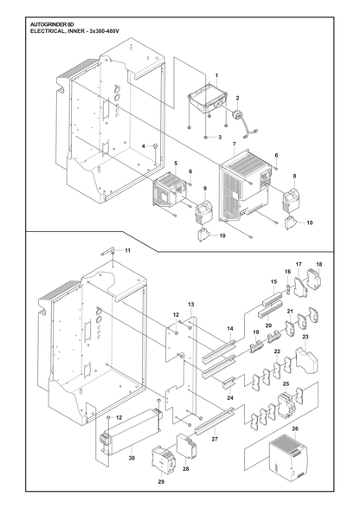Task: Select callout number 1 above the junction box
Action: [x=217, y=75]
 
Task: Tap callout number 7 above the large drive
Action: [x=235, y=144]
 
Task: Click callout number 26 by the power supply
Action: [x=295, y=428]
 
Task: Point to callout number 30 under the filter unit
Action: [x=132, y=458]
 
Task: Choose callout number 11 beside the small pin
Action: [x=127, y=250]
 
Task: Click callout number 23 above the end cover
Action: [x=305, y=337]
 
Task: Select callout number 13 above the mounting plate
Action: [x=191, y=304]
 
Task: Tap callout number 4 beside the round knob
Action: [x=144, y=146]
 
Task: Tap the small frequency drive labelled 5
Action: [x=168, y=190]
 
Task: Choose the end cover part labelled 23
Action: [x=306, y=360]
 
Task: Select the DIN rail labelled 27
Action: [x=215, y=421]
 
